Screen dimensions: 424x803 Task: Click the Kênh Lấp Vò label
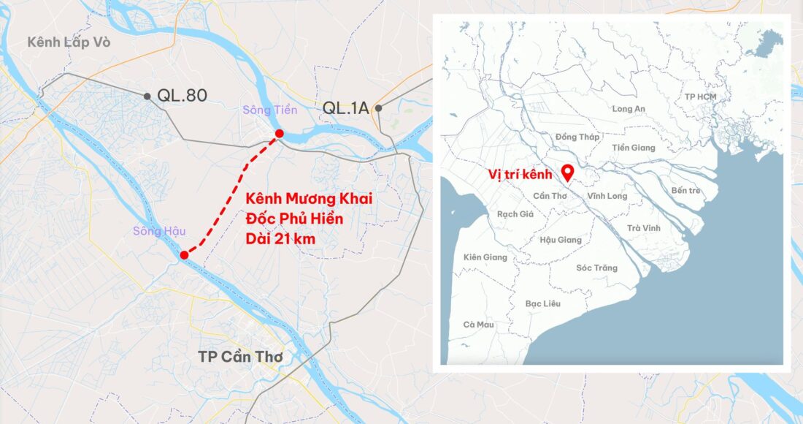coord(69,42)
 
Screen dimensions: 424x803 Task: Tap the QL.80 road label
coord(182,96)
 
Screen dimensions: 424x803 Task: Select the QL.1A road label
coord(346,109)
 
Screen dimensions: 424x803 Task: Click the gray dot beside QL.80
coord(147,96)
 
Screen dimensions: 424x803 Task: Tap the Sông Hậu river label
coord(153,231)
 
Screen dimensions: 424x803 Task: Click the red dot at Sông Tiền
coord(279,134)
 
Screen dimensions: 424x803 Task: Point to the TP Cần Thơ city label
coord(240,357)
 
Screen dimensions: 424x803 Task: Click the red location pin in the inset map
coord(567,173)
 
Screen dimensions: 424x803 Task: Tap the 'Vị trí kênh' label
coord(521,175)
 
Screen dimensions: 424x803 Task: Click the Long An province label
coord(629,109)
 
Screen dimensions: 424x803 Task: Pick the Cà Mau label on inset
coord(478,325)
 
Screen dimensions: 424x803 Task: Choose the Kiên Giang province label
coord(485,257)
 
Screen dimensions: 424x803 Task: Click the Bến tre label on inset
coord(685,190)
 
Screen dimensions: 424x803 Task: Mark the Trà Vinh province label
coord(643,228)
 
